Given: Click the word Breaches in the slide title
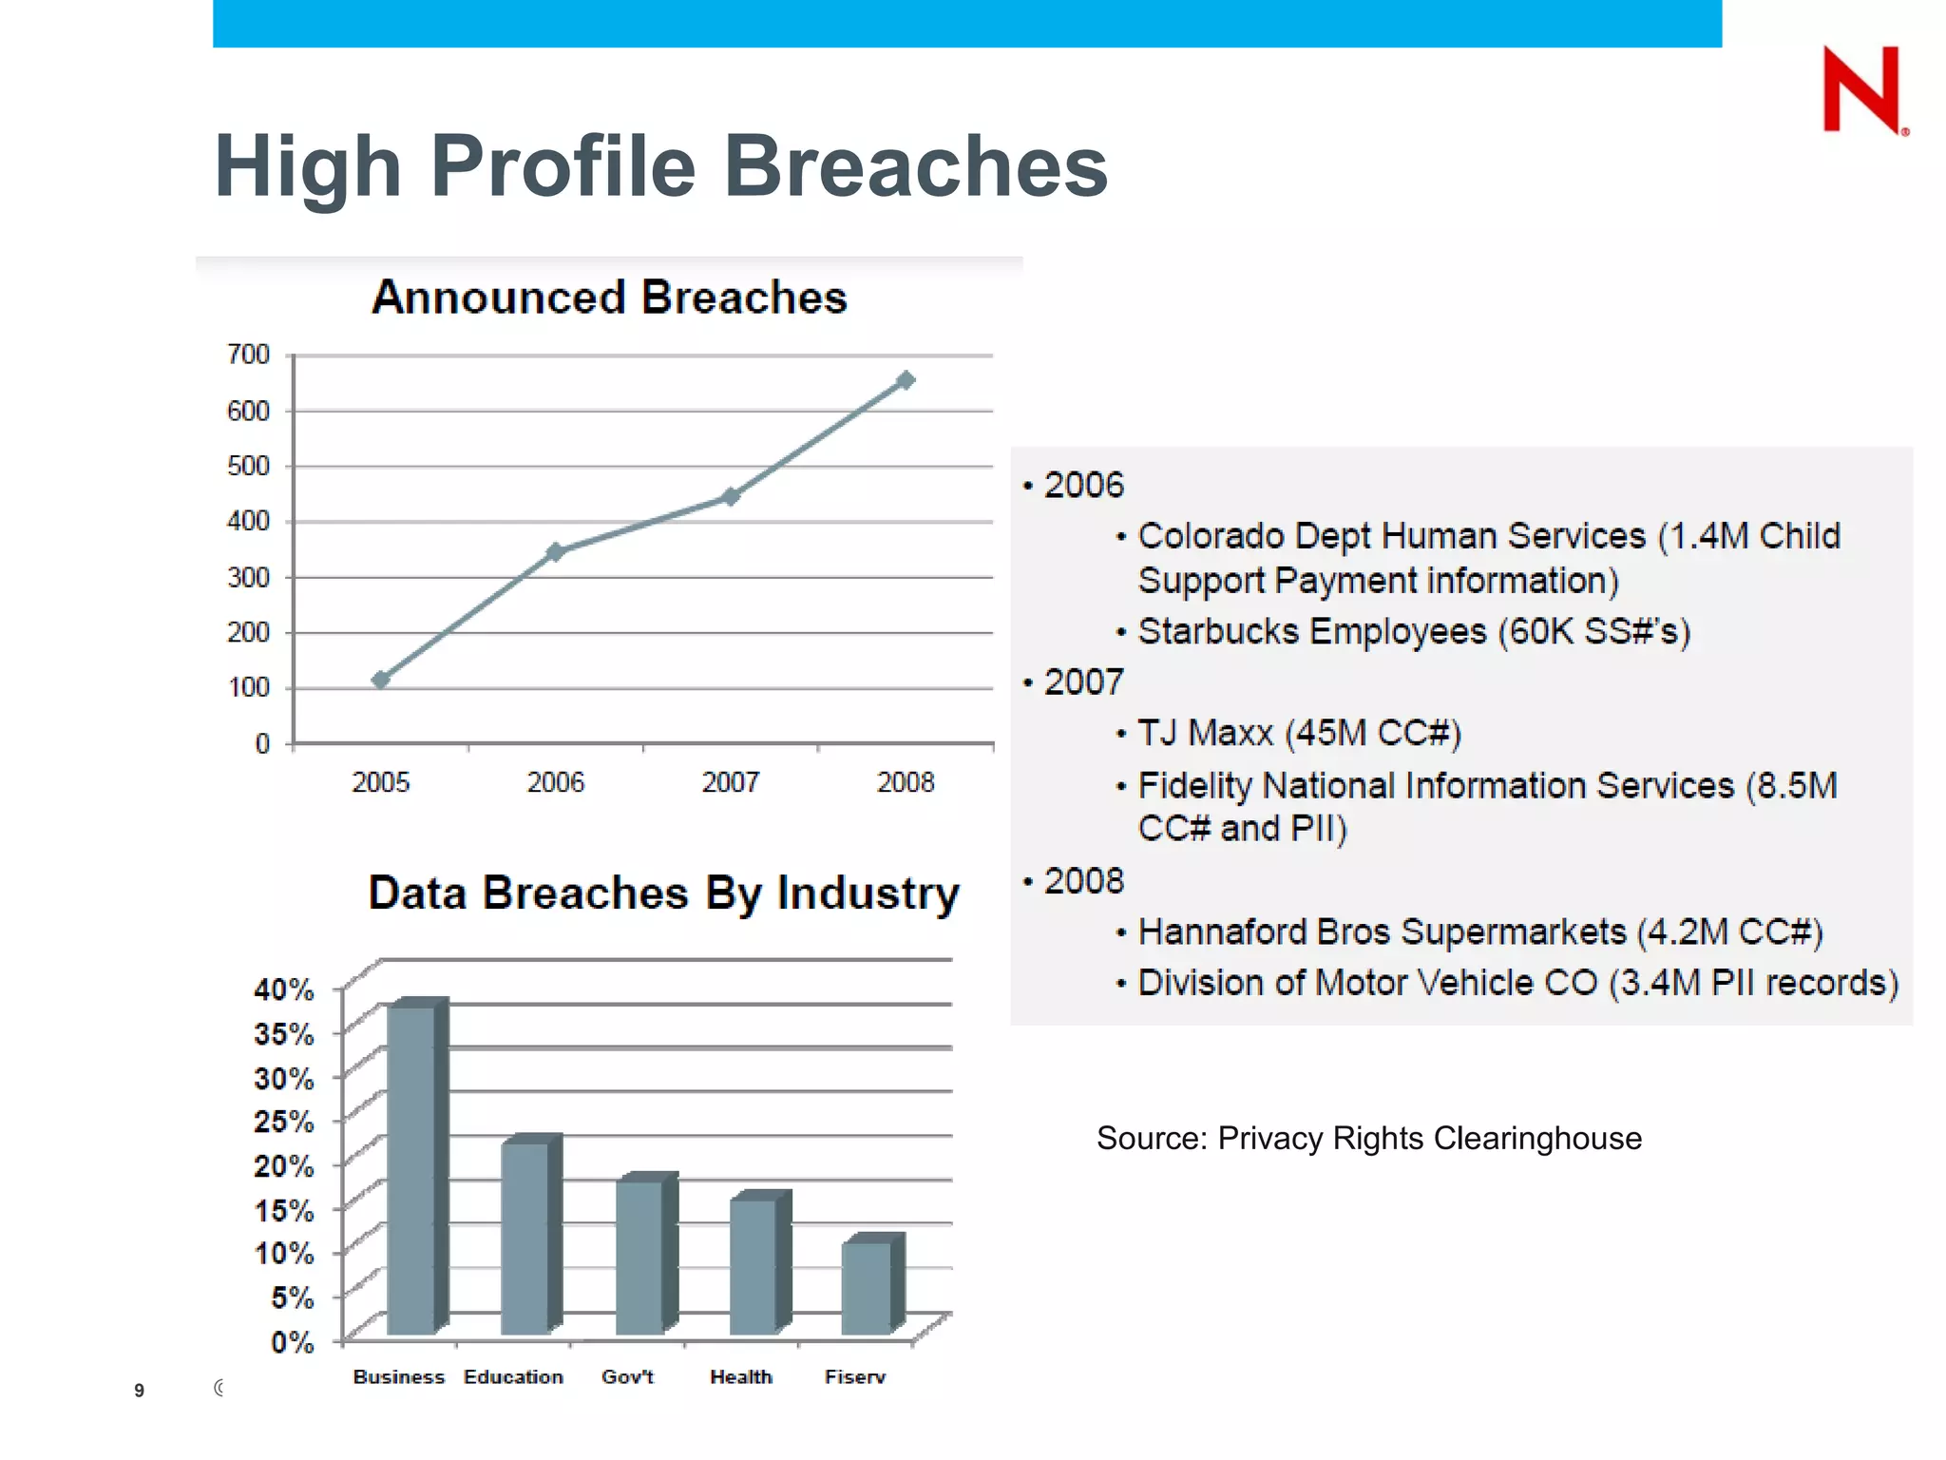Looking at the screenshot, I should (x=916, y=166).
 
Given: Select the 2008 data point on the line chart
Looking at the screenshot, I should (x=906, y=380).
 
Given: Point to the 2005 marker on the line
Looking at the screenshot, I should (x=381, y=679).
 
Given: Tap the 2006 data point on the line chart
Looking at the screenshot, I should (x=556, y=551).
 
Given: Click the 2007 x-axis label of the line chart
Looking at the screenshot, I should (x=730, y=782).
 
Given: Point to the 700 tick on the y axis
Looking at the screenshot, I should (x=249, y=355).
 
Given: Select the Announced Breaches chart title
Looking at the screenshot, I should (x=609, y=297).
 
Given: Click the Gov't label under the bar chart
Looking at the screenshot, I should (x=627, y=1376).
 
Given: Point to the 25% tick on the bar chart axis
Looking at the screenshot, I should (x=283, y=1122).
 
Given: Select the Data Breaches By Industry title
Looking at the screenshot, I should (x=663, y=893).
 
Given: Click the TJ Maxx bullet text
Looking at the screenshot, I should (x=1298, y=733).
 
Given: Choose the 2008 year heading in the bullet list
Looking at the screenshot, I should (x=1083, y=881).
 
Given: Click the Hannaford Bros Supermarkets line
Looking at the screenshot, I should (x=1479, y=932).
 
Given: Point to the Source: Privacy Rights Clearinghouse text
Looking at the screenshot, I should (x=1368, y=1138).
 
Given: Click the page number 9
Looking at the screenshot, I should (x=139, y=1391).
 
